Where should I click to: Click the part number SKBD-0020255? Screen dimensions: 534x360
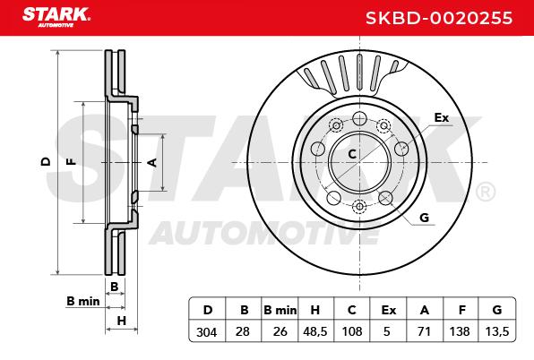[439, 18]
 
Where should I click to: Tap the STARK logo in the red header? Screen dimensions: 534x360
[56, 17]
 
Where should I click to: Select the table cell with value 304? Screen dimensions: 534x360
[207, 331]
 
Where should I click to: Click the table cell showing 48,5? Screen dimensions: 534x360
[315, 331]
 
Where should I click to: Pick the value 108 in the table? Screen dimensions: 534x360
[352, 331]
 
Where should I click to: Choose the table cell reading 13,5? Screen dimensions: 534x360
[497, 331]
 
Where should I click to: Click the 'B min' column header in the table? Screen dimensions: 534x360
[280, 310]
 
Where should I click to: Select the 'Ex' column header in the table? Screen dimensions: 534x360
[389, 310]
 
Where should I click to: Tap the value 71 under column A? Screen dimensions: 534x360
[424, 331]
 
